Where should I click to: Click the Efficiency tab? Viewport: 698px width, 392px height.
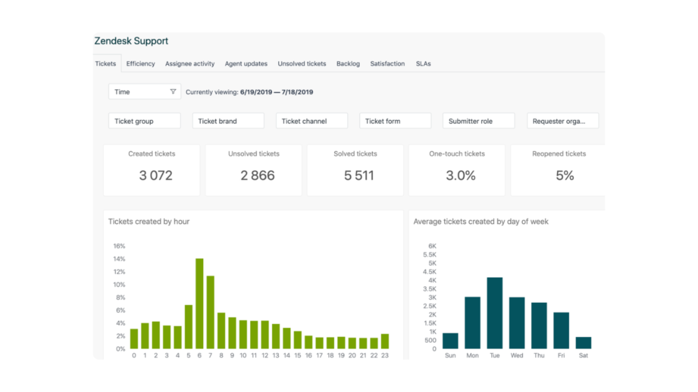coord(140,64)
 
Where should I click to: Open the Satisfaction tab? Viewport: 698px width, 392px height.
coord(387,64)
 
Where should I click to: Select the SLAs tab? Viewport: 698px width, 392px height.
coord(423,64)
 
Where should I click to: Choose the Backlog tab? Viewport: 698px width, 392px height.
coord(348,64)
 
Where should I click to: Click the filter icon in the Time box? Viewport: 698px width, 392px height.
coord(173,92)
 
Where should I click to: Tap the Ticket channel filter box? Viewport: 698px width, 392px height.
coord(312,121)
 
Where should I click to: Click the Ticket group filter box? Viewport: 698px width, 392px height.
coord(145,121)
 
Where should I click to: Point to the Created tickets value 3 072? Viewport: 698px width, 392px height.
coord(155,176)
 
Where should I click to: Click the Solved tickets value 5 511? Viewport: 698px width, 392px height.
coord(359,176)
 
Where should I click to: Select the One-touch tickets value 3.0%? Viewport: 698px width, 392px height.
coord(461,176)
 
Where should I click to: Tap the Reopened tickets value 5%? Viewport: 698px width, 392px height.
coord(564,176)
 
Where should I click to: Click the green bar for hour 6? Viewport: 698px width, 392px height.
coord(200,304)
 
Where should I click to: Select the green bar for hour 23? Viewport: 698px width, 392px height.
coord(385,341)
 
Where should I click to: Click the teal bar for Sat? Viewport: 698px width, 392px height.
coord(583,342)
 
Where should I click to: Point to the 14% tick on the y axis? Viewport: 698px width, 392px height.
coord(119,259)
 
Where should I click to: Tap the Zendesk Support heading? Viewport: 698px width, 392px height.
coord(132,42)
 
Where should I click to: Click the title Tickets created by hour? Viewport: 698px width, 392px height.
coord(149,222)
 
